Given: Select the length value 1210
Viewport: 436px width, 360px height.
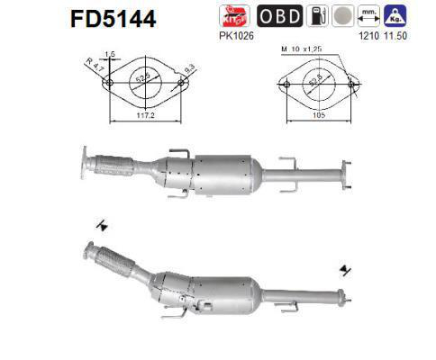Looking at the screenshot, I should click(x=368, y=36).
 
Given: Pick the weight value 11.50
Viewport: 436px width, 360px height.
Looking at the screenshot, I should click(x=393, y=36).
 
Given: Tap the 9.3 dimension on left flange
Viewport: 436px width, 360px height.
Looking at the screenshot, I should click(x=188, y=67).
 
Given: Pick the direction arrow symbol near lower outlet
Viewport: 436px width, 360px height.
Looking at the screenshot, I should click(x=346, y=268).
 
